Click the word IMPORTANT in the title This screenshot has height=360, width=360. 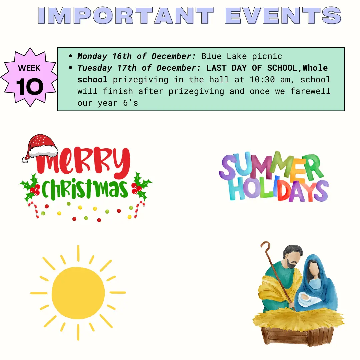[x=126, y=15]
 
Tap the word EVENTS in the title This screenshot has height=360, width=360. [x=283, y=15]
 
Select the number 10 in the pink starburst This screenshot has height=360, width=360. [x=30, y=87]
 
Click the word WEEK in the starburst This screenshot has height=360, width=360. [x=29, y=68]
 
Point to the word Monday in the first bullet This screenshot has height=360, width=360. [x=92, y=56]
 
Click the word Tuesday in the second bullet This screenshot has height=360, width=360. [x=95, y=68]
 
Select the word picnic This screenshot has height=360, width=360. [x=267, y=56]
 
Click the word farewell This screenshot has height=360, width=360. [x=310, y=91]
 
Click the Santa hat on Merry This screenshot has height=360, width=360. [x=40, y=148]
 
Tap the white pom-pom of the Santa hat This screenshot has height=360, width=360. [x=25, y=160]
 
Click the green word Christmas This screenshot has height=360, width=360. [x=84, y=189]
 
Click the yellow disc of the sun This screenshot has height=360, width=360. [x=78, y=293]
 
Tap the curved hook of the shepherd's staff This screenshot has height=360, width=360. [x=265, y=245]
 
